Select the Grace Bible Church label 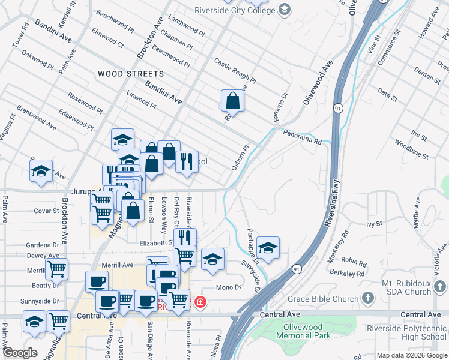pyautogui.click(x=323, y=298)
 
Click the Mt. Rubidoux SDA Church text pyautogui.click(x=415, y=287)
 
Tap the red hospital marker pyautogui.click(x=200, y=304)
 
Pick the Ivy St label pyautogui.click(x=374, y=224)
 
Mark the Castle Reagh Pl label pyautogui.click(x=235, y=71)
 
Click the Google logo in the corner pyautogui.click(x=20, y=353)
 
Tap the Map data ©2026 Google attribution pyautogui.click(x=411, y=355)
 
